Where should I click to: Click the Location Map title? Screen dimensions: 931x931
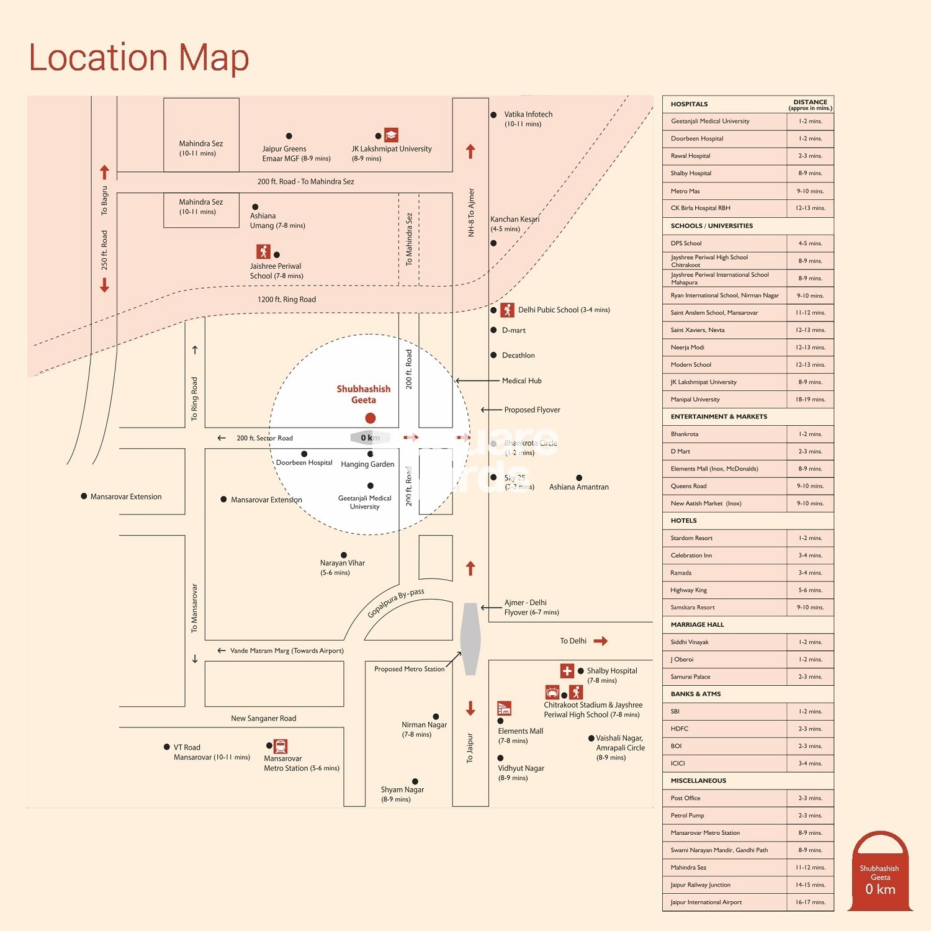(139, 58)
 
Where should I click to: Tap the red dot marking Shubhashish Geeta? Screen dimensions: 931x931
(371, 418)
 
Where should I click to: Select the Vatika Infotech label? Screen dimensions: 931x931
(528, 115)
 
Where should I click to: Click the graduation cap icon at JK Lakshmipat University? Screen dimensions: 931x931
(391, 135)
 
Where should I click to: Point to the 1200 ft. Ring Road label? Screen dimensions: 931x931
(286, 300)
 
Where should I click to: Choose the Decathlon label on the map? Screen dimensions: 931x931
(518, 356)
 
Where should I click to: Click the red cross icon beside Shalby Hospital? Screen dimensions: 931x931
(567, 671)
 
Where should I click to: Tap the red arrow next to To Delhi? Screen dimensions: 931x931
(600, 641)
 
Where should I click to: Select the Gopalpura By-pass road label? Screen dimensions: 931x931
(395, 603)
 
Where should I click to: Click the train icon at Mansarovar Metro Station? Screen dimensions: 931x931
(281, 746)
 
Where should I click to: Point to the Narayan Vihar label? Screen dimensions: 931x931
(342, 564)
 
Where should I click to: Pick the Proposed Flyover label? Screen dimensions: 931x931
(532, 410)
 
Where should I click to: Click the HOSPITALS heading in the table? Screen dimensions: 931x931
(689, 104)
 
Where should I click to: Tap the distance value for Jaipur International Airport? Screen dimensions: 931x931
(810, 902)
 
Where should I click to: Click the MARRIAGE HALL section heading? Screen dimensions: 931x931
(697, 625)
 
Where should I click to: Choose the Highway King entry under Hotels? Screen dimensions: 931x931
(688, 590)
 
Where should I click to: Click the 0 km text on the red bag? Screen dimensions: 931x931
(880, 889)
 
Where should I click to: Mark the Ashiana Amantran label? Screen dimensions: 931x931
(578, 487)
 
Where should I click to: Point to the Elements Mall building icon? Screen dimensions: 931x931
(504, 708)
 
